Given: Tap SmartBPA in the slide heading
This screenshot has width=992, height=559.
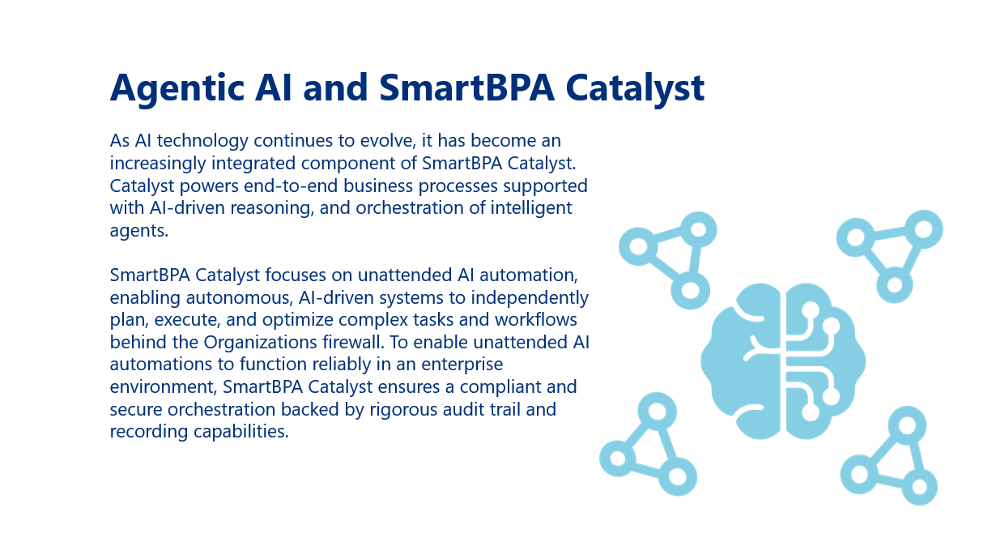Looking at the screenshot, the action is pos(466,87).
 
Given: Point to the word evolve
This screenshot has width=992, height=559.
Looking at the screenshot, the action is pos(388,141).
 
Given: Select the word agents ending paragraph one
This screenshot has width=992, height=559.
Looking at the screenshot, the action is pos(139,231).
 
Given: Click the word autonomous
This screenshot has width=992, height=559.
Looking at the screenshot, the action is pos(239,297).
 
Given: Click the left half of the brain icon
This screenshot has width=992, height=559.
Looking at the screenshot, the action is pos(741,361).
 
